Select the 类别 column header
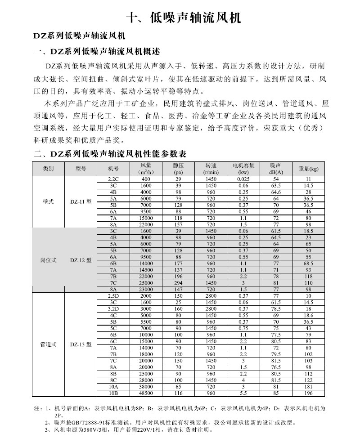pos(48,169)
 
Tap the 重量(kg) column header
pos(309,169)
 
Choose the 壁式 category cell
pos(48,201)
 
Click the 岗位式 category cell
pos(48,260)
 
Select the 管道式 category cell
pos(48,344)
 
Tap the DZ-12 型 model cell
pos(81,260)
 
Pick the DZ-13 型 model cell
pos(81,344)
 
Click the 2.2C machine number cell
pos(113,179)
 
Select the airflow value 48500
pos(146,393)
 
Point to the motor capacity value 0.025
pos(243,179)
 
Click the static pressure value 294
pos(178,283)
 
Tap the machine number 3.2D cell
pos(113,309)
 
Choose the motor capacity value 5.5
pos(243,393)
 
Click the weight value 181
pos(309,386)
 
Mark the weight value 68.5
pos(309,264)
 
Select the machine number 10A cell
pos(113,386)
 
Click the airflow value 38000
pos(146,386)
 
